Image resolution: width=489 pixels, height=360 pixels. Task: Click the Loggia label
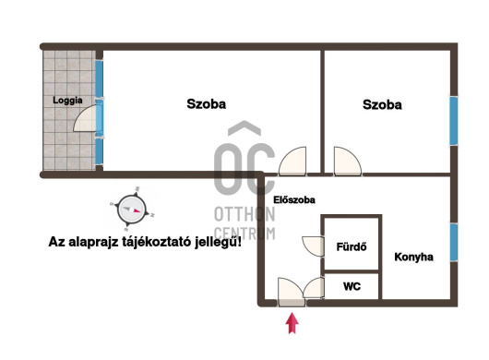pos(67,101)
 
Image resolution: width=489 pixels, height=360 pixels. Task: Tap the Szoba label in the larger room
pos(206,104)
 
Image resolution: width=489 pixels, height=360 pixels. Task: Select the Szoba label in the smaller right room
pos(382,105)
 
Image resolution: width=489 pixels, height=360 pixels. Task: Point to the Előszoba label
pos(294,199)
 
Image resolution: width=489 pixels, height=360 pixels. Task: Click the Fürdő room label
pos(352,247)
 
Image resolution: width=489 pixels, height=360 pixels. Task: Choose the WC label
pos(352,286)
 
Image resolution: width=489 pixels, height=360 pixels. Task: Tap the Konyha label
pos(414,257)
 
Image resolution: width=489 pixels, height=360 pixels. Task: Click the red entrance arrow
pos(292,323)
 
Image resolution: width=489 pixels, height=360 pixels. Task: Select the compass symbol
pos(131,210)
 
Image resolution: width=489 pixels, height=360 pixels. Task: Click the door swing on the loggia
pos(85,118)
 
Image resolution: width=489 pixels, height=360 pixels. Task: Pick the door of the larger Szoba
pos(292,161)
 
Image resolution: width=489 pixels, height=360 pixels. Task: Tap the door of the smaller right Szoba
pos(348,161)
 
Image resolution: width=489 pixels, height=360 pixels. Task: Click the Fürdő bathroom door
pos(313,246)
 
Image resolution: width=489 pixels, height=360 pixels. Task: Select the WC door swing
pos(314,287)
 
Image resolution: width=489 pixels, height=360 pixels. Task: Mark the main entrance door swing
pos(291,290)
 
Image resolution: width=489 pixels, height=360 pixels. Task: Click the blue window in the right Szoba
pos(454,121)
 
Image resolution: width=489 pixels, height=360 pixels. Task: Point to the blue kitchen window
pos(454,243)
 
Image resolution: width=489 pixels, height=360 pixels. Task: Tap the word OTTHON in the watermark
pos(244,214)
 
